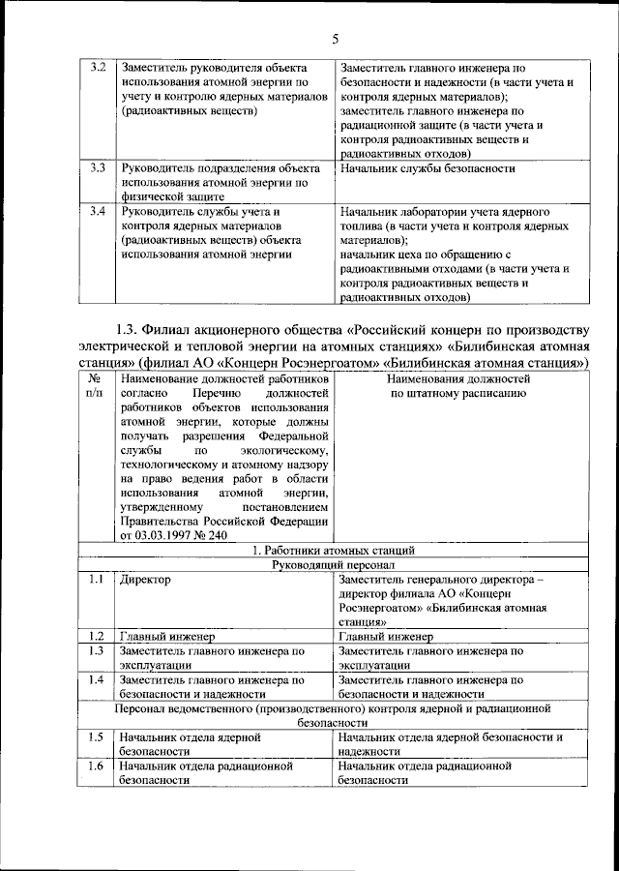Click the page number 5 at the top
335,39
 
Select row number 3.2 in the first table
97,69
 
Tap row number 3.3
97,168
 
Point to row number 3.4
97,211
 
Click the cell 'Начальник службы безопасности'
427,168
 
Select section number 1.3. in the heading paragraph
129,327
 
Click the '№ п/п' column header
94,387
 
